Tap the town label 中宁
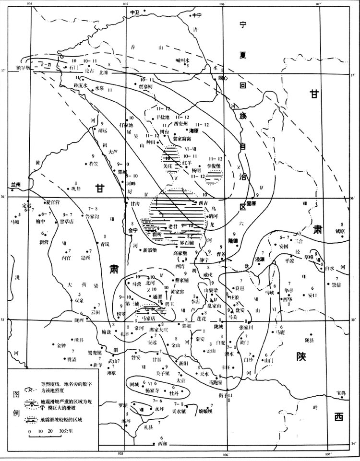click(198, 15)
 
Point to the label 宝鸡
click(341, 392)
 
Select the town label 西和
click(164, 443)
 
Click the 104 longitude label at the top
click(32, 3)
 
